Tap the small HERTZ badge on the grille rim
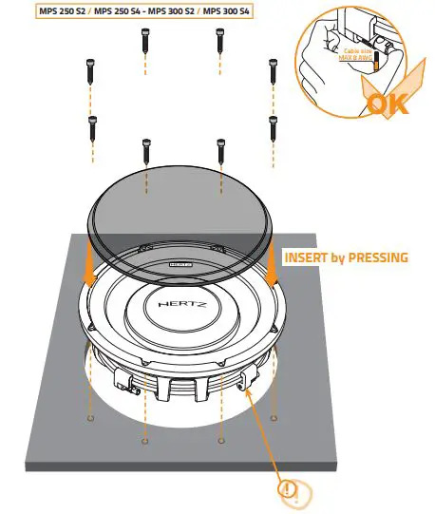pyautogui.click(x=181, y=257)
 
